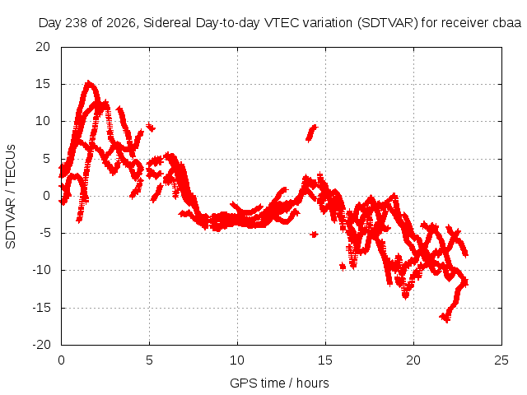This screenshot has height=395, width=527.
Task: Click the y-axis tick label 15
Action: pyautogui.click(x=43, y=84)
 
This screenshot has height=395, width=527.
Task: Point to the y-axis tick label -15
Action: pyautogui.click(x=41, y=308)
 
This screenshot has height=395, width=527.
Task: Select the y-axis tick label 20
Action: pyautogui.click(x=43, y=47)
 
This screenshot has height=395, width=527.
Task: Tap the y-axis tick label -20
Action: pyautogui.click(x=41, y=345)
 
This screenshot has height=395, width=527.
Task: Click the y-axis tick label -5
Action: pyautogui.click(x=43, y=233)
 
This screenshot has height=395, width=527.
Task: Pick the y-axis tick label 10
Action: pyautogui.click(x=43, y=121)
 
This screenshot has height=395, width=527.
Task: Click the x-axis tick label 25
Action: pyautogui.click(x=501, y=360)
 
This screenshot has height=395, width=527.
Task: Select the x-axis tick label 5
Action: pyautogui.click(x=149, y=360)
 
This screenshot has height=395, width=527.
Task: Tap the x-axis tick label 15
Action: pyautogui.click(x=325, y=360)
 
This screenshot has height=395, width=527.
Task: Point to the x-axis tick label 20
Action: pyautogui.click(x=413, y=360)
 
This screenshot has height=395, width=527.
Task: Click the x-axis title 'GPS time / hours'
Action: pyautogui.click(x=279, y=383)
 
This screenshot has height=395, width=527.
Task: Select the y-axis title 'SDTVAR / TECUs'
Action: pyautogui.click(x=11, y=197)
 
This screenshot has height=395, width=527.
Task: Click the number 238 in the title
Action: pyautogui.click(x=76, y=23)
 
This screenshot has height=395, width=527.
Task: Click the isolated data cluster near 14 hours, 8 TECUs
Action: pyautogui.click(x=311, y=133)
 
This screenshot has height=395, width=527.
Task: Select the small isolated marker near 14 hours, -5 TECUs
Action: pyautogui.click(x=314, y=235)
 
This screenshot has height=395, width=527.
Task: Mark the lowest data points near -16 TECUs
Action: pyautogui.click(x=445, y=317)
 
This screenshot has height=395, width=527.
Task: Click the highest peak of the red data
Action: pyautogui.click(x=89, y=82)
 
